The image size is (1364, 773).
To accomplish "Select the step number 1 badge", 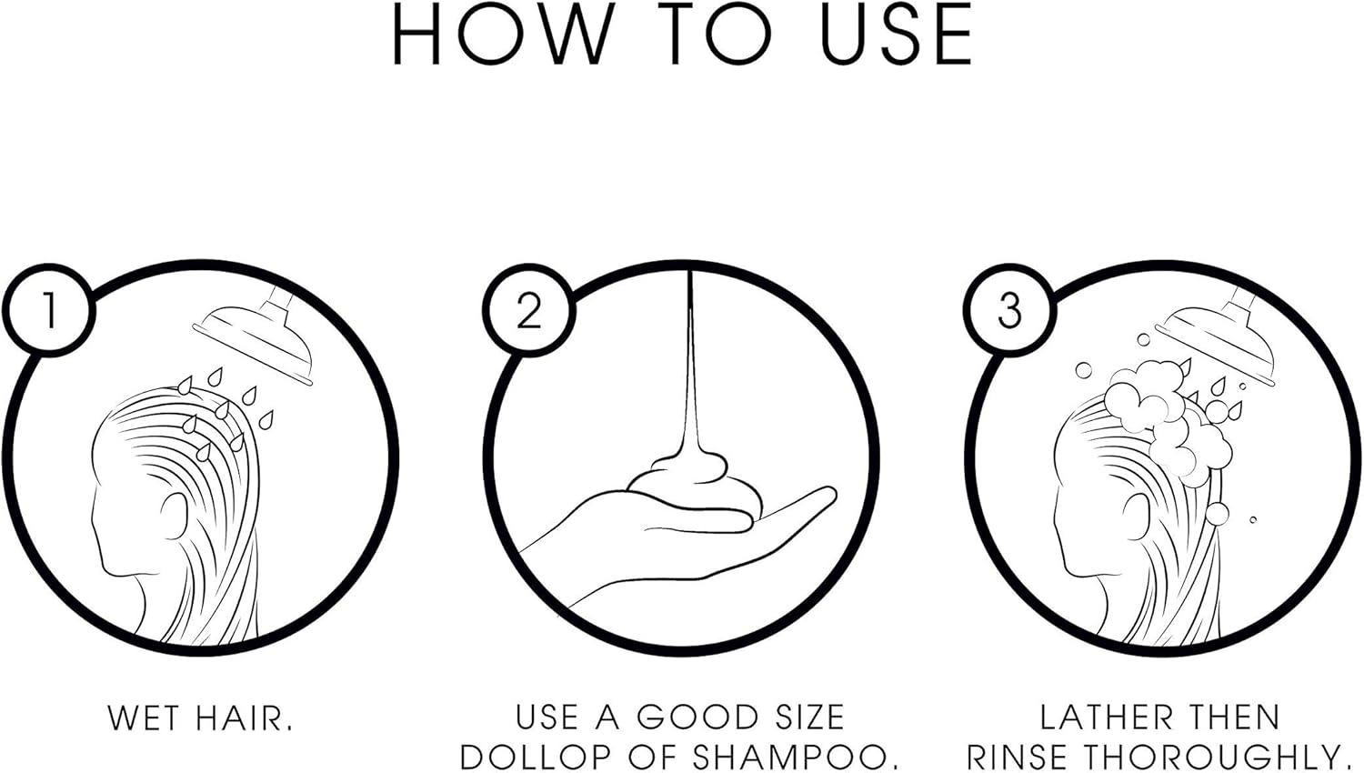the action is [x=49, y=311].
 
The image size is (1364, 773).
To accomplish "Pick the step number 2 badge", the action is [x=528, y=311].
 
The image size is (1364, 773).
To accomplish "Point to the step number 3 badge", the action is [x=1009, y=311].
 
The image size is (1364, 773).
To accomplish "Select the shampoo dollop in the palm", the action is [x=694, y=487].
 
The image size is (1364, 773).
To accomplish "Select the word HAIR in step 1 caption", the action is [x=245, y=718].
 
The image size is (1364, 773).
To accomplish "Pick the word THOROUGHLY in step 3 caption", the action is [x=1222, y=758].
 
